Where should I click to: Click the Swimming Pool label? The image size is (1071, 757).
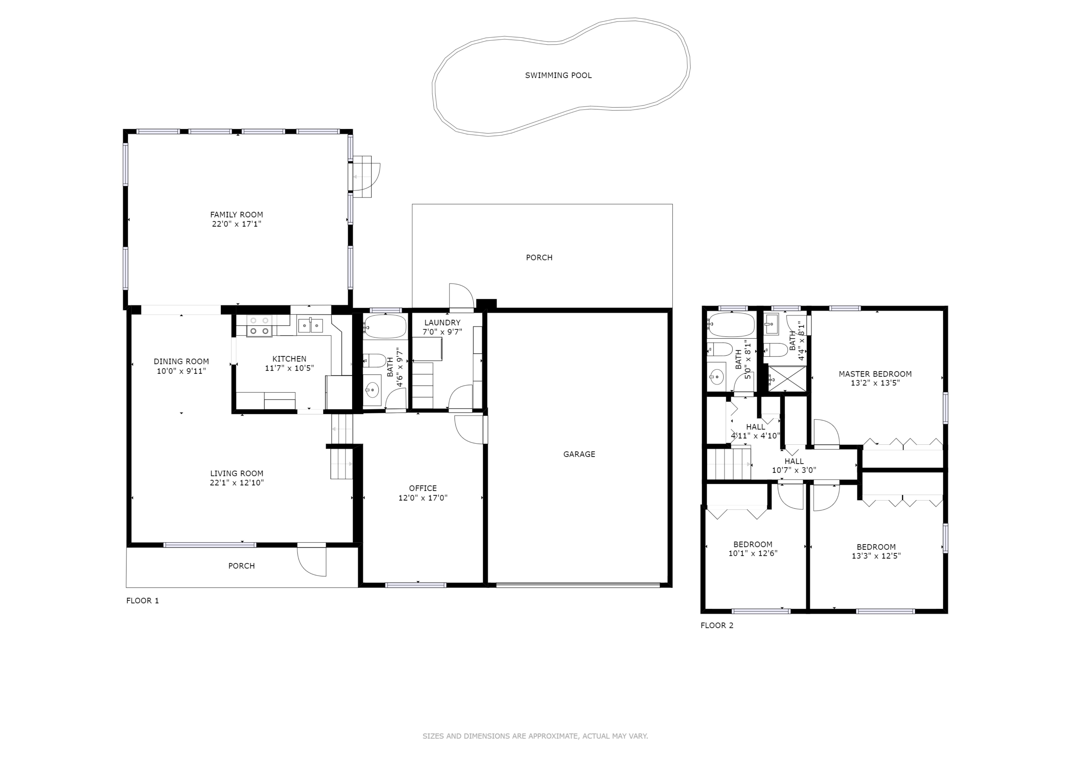point(558,76)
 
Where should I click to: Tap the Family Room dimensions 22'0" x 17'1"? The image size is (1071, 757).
point(236,224)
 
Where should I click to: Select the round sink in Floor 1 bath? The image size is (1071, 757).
point(372,390)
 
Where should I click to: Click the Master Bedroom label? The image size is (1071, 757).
point(875,374)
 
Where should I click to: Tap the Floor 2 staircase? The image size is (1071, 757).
point(729,463)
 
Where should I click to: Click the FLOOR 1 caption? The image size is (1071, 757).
point(143,601)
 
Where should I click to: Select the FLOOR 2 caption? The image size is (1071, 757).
point(717,626)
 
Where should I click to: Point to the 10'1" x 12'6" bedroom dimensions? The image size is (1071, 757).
point(753,554)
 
